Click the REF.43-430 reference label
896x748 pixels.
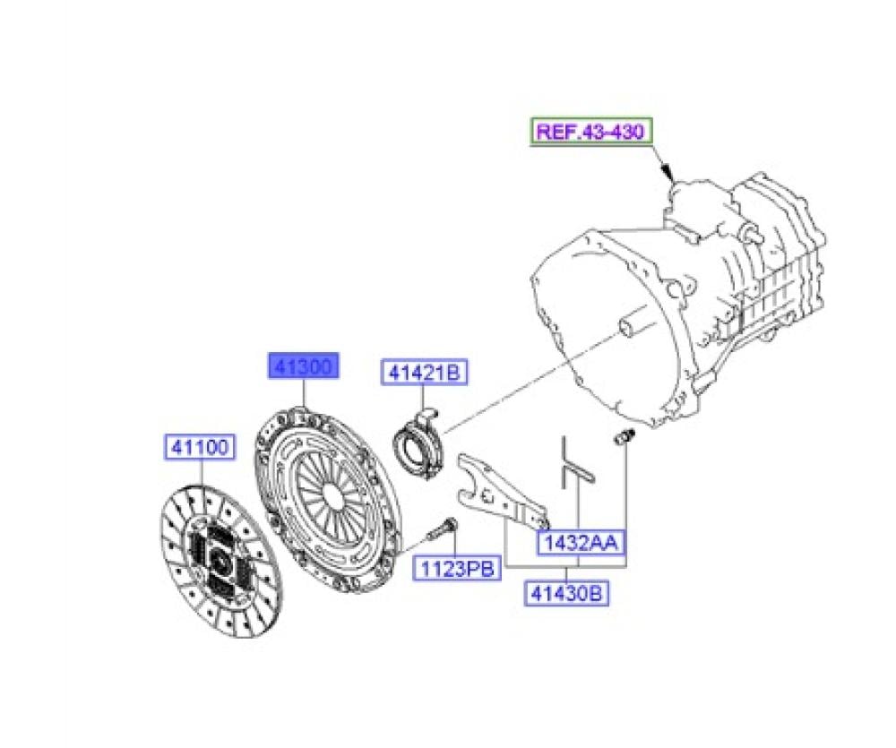click(x=590, y=132)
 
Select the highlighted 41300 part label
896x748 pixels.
click(x=304, y=366)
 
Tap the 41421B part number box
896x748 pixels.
click(x=424, y=373)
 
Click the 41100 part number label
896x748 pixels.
click(x=200, y=447)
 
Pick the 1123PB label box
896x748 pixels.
click(x=457, y=568)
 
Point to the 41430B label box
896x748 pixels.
click(x=566, y=593)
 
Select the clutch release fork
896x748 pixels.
click(x=502, y=490)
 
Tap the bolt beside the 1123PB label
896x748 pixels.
click(x=443, y=529)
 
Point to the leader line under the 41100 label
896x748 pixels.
click(x=202, y=473)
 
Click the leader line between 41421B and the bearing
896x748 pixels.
click(x=423, y=397)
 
